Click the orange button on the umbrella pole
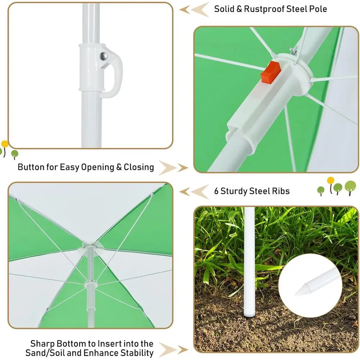(271, 72)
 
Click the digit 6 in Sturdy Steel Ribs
(216, 191)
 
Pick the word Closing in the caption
(139, 167)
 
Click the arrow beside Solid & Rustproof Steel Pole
(194, 10)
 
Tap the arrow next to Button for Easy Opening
(174, 168)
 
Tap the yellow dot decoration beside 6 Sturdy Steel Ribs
(330, 180)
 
